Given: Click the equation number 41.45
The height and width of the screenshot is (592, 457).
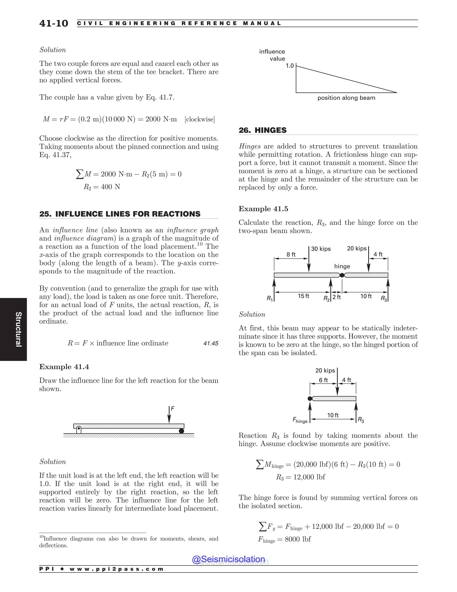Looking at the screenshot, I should [x=211, y=343].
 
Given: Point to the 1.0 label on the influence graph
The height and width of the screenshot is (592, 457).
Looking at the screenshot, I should [x=290, y=66].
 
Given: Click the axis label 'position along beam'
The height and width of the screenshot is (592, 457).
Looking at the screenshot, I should [x=346, y=98].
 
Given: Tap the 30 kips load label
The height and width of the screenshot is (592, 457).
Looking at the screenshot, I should [x=321, y=249].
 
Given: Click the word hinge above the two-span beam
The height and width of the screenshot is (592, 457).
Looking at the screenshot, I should [x=342, y=266].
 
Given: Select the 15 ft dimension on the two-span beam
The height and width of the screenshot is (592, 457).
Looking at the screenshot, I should [x=303, y=296].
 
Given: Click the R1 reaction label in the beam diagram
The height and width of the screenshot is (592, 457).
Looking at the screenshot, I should [x=270, y=298].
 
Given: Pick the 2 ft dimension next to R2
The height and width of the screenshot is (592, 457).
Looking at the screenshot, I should [x=337, y=297].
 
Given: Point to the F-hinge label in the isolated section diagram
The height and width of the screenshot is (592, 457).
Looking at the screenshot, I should [x=300, y=420].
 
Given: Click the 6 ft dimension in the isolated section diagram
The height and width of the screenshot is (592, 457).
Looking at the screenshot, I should [x=323, y=380].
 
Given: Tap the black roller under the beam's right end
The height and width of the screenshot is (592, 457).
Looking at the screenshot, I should [x=181, y=431].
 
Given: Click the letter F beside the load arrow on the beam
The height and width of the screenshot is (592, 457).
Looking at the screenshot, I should [x=172, y=409].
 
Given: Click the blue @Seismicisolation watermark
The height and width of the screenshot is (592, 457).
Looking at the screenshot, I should [x=228, y=559].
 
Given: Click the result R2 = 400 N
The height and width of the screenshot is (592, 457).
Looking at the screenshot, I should [x=102, y=187].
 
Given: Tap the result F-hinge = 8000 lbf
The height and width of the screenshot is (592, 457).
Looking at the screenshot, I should [x=284, y=539].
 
